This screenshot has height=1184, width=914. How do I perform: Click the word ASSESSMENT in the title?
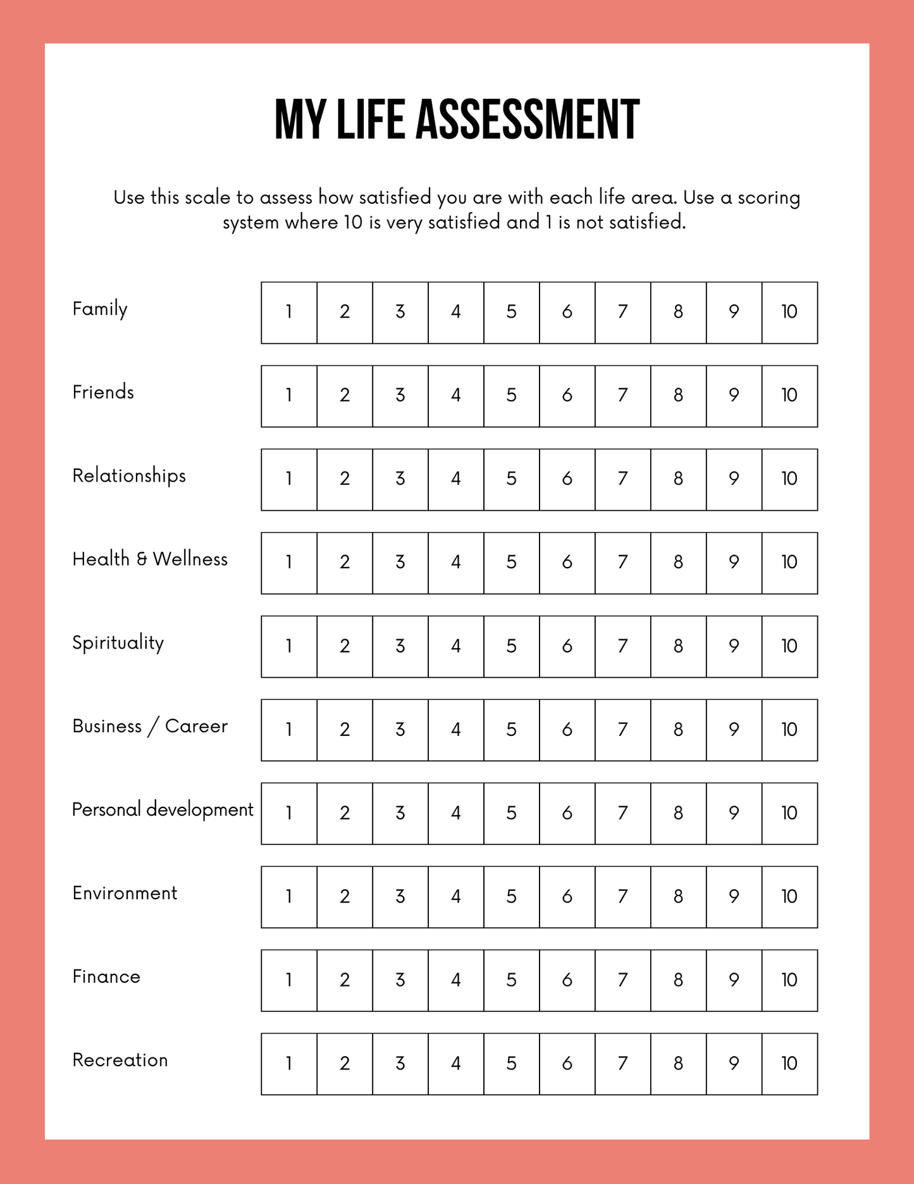[527, 120]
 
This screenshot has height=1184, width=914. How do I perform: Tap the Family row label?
[100, 309]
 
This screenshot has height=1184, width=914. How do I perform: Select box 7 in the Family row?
[622, 313]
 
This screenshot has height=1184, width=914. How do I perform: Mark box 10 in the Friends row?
[789, 396]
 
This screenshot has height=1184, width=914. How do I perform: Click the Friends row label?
[103, 392]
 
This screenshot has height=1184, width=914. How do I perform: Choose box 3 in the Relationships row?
[400, 480]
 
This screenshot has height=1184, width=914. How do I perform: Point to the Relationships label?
[129, 476]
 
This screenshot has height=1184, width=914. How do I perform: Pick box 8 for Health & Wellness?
[678, 563]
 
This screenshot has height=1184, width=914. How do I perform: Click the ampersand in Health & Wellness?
[142, 559]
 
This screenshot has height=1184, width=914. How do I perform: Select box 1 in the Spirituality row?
[289, 647]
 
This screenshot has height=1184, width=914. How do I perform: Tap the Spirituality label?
[118, 643]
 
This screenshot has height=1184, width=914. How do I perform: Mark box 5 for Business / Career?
[512, 730]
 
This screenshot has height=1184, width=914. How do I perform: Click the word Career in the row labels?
[196, 726]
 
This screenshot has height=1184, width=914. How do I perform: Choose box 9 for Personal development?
[734, 814]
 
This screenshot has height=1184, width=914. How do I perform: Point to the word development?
[200, 810]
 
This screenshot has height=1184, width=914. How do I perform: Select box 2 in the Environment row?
[345, 897]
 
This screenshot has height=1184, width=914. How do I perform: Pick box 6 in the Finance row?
[567, 981]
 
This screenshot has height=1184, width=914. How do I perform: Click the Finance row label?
[106, 977]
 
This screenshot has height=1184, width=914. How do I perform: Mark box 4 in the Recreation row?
[456, 1064]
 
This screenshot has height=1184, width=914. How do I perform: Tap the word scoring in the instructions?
[769, 197]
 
